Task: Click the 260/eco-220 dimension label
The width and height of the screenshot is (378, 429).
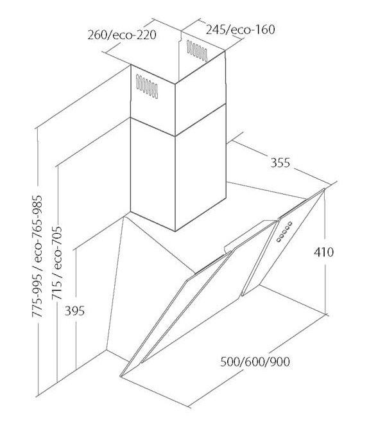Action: coord(122,35)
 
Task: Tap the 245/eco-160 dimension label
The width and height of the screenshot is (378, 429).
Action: coord(240,30)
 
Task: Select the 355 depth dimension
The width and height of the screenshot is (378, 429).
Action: coord(280,162)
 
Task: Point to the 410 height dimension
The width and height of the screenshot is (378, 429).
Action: coord(323,252)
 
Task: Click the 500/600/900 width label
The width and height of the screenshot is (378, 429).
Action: coord(255,362)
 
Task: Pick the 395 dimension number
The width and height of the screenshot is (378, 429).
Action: coord(74,311)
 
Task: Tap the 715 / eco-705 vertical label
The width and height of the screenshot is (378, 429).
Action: coord(57,263)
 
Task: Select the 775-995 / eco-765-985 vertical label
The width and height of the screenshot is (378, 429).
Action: coord(37,256)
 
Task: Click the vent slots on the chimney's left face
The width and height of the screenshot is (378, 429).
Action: coord(147,87)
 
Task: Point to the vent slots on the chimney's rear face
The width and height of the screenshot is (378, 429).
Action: coord(197,51)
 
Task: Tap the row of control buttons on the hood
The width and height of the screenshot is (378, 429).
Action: coord(284,231)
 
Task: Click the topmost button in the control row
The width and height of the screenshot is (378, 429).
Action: coord(289,223)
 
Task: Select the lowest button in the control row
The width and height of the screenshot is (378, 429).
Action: coord(279,240)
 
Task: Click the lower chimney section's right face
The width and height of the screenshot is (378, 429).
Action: coord(201,168)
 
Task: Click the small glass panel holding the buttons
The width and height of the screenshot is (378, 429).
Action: coord(283,242)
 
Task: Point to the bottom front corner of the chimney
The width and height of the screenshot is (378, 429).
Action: coord(175,231)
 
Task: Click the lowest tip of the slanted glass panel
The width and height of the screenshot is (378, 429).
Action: coord(121,376)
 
